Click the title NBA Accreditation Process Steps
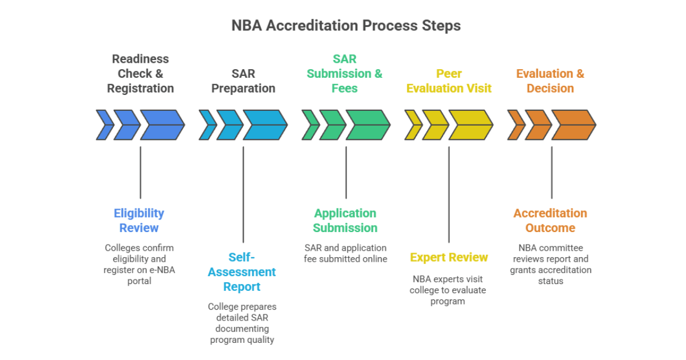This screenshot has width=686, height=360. pyautogui.click(x=346, y=26)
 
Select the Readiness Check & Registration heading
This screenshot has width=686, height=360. pyautogui.click(x=140, y=74)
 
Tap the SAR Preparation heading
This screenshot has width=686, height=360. pyautogui.click(x=243, y=81)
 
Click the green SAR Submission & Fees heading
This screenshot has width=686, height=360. pyautogui.click(x=345, y=74)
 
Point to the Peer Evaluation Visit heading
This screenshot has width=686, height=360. pyautogui.click(x=449, y=81)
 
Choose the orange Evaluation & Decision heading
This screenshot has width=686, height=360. pyautogui.click(x=550, y=81)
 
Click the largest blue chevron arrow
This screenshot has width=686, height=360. pyautogui.click(x=162, y=125)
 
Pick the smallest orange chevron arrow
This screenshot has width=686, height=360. pyautogui.click(x=516, y=125)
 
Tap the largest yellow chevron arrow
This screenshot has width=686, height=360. pyautogui.click(x=470, y=125)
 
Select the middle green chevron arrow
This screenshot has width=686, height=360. pyautogui.click(x=333, y=125)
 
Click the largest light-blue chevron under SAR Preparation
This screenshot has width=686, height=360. pyautogui.click(x=265, y=125)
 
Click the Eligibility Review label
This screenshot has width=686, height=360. pyautogui.click(x=139, y=221)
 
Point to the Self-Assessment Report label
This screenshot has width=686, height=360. pyautogui.click(x=242, y=272)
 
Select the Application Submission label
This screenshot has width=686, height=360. pyautogui.click(x=345, y=221)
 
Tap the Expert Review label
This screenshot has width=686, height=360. pyautogui.click(x=449, y=258)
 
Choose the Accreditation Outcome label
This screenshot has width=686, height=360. pyautogui.click(x=550, y=221)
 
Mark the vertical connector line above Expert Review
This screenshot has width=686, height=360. pyautogui.click(x=449, y=194)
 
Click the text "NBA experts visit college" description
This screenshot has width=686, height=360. pyautogui.click(x=448, y=285)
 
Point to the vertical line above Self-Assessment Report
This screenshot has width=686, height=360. pyautogui.click(x=243, y=194)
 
